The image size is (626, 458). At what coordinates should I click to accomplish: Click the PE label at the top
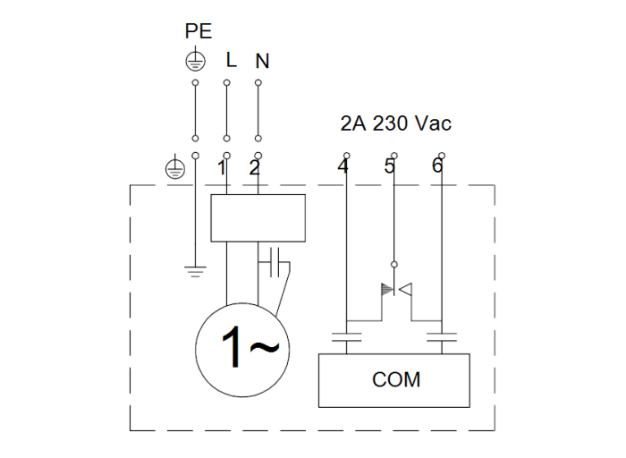(x=198, y=31)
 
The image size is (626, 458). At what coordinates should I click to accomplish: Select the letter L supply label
(x=231, y=61)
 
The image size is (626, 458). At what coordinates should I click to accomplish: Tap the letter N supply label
(x=262, y=62)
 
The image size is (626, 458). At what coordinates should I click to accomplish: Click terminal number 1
(x=220, y=168)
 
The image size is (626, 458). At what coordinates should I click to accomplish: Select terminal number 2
(x=253, y=168)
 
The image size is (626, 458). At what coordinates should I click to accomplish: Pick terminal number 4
(x=343, y=167)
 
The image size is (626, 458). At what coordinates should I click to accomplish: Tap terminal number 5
(x=389, y=167)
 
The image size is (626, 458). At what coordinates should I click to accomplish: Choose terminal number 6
(x=436, y=167)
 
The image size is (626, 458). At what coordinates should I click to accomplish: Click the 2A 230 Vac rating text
(x=395, y=123)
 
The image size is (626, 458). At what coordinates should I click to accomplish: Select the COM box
(x=394, y=380)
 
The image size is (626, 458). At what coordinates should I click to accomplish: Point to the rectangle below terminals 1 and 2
(x=258, y=217)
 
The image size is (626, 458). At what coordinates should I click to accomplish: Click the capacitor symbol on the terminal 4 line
(x=345, y=338)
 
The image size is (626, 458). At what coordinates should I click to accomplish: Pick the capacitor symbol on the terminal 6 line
(x=442, y=338)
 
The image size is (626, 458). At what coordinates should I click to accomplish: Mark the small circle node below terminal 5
(x=393, y=266)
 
